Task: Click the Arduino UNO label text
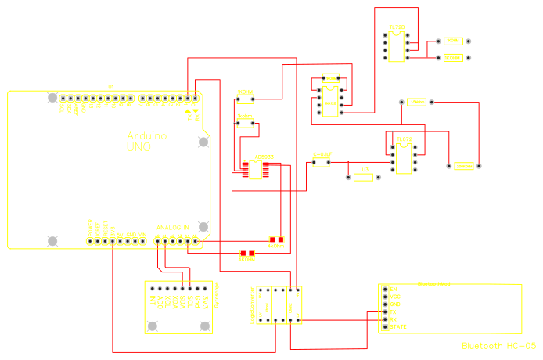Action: (146, 141)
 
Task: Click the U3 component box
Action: (364, 177)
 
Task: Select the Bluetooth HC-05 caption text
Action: (498, 345)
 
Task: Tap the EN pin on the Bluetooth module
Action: (394, 289)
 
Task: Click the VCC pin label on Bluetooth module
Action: (395, 297)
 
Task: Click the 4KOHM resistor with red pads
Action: (275, 242)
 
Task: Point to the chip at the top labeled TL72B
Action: (397, 43)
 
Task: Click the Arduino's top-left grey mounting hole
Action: (52, 98)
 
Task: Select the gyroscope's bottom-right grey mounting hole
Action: (205, 326)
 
